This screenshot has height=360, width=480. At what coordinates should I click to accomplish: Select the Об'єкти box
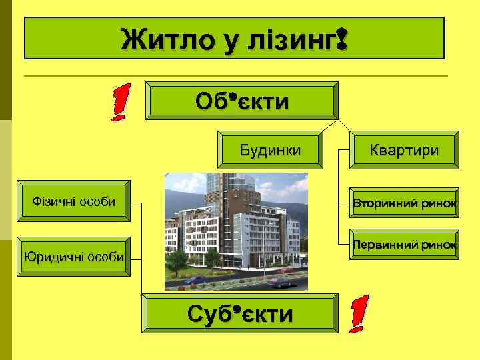(x=242, y=102)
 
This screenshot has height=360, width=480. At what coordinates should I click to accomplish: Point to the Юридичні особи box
(x=74, y=257)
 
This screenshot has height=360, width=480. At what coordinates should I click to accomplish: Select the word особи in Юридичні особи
(x=106, y=257)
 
